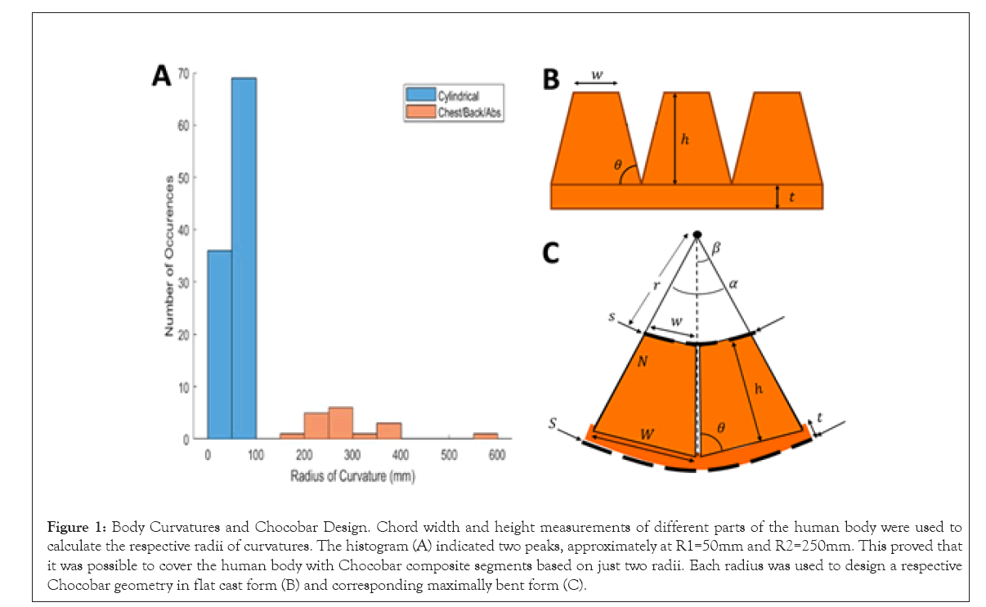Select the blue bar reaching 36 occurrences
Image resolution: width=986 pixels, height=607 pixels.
coord(219,344)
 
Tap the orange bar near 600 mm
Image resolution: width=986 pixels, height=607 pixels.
coord(485,436)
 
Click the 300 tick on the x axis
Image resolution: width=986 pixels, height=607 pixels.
coord(352,456)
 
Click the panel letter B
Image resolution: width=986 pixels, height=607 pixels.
coord(551,79)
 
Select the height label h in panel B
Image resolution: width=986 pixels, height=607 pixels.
coord(685,140)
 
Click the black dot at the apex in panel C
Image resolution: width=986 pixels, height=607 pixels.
coord(697,235)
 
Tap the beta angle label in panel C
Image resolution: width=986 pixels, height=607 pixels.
coord(716,247)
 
